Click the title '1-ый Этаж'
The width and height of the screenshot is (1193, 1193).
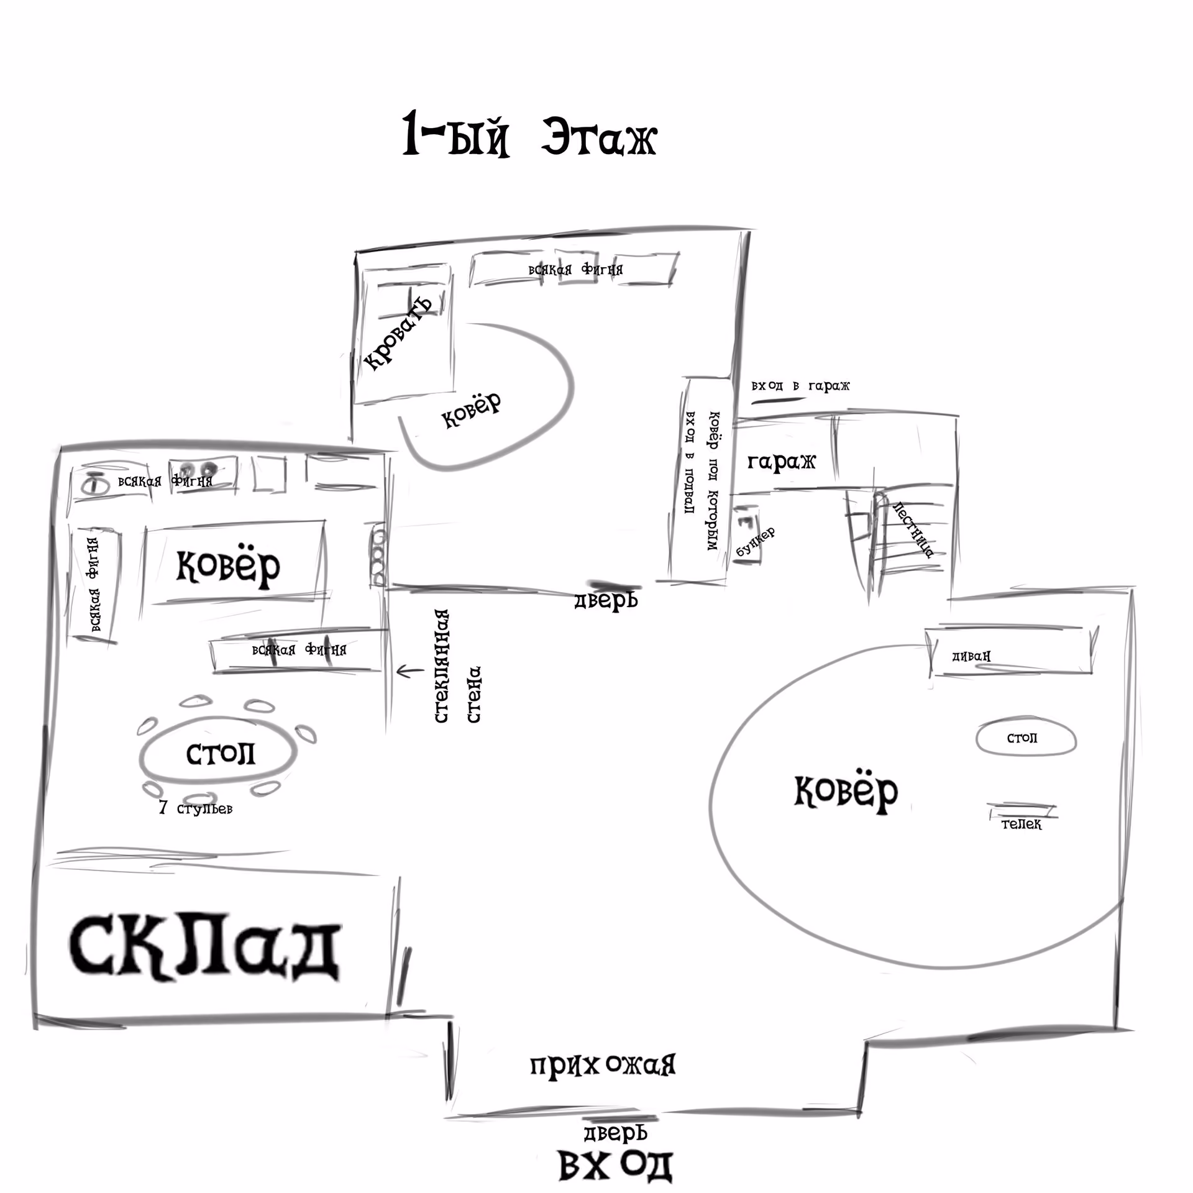529,134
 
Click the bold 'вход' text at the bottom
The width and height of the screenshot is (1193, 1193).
615,1166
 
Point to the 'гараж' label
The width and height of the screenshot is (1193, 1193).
781,462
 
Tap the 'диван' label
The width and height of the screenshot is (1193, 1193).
971,656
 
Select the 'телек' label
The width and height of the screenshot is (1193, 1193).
1022,825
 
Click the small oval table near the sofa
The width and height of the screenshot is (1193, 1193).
1025,738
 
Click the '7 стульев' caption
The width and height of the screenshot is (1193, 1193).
196,808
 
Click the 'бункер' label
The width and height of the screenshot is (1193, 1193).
756,542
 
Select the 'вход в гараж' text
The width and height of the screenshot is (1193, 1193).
800,386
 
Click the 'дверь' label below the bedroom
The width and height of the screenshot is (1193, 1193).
606,601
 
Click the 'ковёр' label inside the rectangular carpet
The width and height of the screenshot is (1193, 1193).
229,566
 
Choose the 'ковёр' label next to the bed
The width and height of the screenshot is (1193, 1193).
471,410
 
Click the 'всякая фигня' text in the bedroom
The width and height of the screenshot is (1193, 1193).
575,270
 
